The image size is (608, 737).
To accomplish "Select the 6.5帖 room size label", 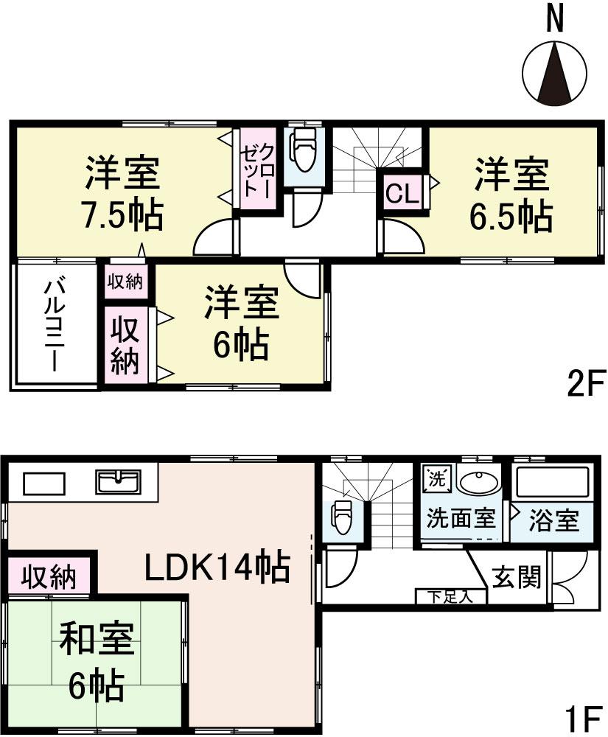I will [511, 216].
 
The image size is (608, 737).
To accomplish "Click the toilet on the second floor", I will [303, 149].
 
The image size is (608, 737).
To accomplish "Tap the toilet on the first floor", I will [341, 517].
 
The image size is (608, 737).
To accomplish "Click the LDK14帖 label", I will [215, 567].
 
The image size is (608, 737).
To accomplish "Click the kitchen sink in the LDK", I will [117, 482].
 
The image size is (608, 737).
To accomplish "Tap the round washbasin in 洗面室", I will [478, 482].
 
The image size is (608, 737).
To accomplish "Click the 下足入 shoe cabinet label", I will [451, 596].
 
